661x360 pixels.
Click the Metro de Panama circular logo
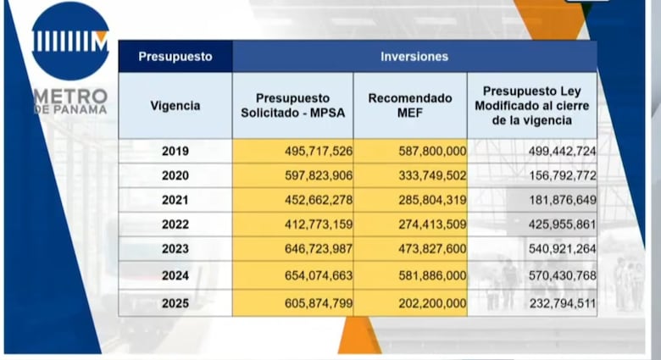[x=70, y=41]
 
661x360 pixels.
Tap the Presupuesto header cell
[x=175, y=57]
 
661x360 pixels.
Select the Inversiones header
[x=414, y=57]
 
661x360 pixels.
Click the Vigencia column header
[x=175, y=106]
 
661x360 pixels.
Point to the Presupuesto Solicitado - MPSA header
[x=292, y=106]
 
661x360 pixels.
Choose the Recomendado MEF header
[x=410, y=106]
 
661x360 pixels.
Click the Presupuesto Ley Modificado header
[x=531, y=106]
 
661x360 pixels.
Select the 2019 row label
[x=175, y=151]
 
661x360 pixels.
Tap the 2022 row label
[x=175, y=224]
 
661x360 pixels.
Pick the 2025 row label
[x=175, y=302]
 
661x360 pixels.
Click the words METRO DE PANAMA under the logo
[x=70, y=101]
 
